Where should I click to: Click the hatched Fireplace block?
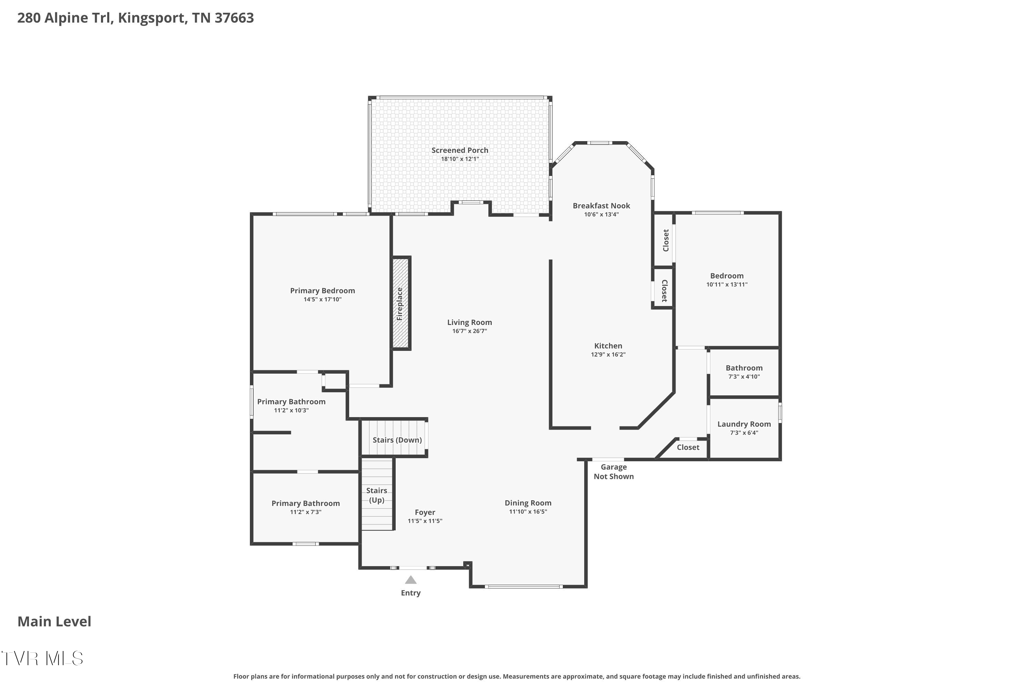pos(401,303)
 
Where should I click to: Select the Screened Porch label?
pos(459,150)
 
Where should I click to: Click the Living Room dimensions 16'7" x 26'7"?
pos(469,331)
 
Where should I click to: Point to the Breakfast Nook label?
pos(601,206)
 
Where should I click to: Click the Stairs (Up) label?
pos(377,495)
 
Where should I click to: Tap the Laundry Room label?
pos(744,424)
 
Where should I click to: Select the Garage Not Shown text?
pos(614,471)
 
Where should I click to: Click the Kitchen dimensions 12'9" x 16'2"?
pos(608,354)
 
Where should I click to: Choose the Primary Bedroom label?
pos(322,290)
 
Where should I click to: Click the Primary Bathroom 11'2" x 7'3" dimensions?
pos(305,512)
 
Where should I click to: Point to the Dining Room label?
pos(528,503)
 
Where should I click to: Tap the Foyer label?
pos(425,512)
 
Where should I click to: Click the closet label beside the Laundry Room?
pos(688,447)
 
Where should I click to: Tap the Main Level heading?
pos(54,621)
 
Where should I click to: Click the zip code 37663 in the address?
pos(234,18)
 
